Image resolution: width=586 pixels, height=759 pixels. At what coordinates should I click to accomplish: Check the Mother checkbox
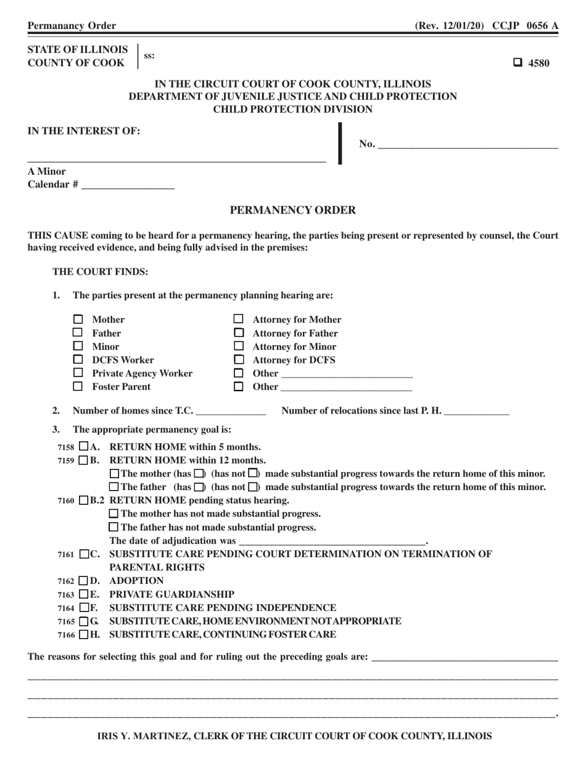[x=78, y=320]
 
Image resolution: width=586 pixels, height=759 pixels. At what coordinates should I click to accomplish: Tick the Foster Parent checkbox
[x=78, y=387]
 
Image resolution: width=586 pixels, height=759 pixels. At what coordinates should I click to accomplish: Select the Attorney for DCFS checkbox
[x=238, y=360]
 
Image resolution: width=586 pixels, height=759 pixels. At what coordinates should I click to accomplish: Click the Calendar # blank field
[x=128, y=185]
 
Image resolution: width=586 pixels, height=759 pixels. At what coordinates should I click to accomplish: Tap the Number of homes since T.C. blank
[x=230, y=412]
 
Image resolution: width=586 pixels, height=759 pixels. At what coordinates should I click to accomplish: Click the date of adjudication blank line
[x=332, y=541]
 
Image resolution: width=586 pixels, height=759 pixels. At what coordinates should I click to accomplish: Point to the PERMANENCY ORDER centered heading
[x=292, y=210]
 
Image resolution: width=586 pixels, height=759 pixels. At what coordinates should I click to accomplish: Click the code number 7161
[x=66, y=555]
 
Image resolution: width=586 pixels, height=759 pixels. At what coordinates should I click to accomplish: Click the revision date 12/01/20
[x=462, y=26]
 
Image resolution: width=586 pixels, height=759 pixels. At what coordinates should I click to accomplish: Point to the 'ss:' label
[x=149, y=56]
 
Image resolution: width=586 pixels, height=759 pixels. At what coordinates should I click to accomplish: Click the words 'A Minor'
[x=47, y=171]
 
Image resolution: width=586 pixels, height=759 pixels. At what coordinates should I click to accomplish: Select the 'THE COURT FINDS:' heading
[x=100, y=272]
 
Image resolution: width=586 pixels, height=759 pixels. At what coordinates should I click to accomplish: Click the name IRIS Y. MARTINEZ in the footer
[x=143, y=736]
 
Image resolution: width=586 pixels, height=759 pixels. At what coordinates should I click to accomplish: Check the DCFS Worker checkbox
[x=78, y=360]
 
